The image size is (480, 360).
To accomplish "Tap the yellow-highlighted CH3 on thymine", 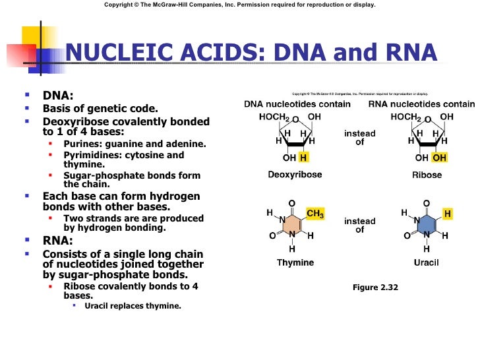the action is [315, 214].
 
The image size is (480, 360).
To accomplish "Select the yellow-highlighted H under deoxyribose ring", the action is [303, 158].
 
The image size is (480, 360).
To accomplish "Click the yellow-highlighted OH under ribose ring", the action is [439, 158].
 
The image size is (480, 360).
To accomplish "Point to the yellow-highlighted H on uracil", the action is [447, 214].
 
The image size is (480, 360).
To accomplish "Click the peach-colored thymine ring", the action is [292, 225].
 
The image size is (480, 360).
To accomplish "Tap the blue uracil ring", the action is [427, 225].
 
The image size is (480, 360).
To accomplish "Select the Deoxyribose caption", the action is [295, 175].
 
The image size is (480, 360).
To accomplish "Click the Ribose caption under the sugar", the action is [427, 175].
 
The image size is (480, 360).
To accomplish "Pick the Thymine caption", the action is [295, 262].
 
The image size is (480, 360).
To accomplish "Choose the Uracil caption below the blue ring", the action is [426, 262].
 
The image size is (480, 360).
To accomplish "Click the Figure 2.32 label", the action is [375, 287].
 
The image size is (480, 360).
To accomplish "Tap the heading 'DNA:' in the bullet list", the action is [58, 96].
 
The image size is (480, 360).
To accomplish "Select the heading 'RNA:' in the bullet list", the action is [58, 241].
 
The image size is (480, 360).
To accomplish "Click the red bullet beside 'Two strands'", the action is [50, 218].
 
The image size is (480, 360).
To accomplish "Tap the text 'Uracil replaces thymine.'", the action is [133, 306].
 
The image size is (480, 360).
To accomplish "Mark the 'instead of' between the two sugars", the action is [360, 138].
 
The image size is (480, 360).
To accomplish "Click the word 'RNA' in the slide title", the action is [411, 52].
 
